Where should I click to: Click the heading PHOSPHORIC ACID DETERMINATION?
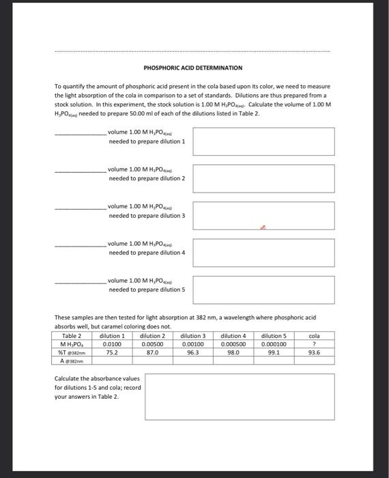(192, 68)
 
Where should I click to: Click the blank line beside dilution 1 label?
(80, 135)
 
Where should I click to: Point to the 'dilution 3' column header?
(193, 336)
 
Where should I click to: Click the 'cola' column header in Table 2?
(314, 336)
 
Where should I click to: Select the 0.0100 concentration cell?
(113, 344)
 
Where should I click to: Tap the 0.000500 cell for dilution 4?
(233, 344)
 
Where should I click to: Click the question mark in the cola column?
(314, 344)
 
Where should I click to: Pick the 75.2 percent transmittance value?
(113, 352)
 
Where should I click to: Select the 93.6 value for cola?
(314, 352)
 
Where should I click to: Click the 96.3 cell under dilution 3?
(193, 352)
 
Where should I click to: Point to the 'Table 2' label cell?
(72, 336)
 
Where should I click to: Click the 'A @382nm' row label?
(72, 361)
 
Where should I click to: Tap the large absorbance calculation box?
(239, 395)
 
